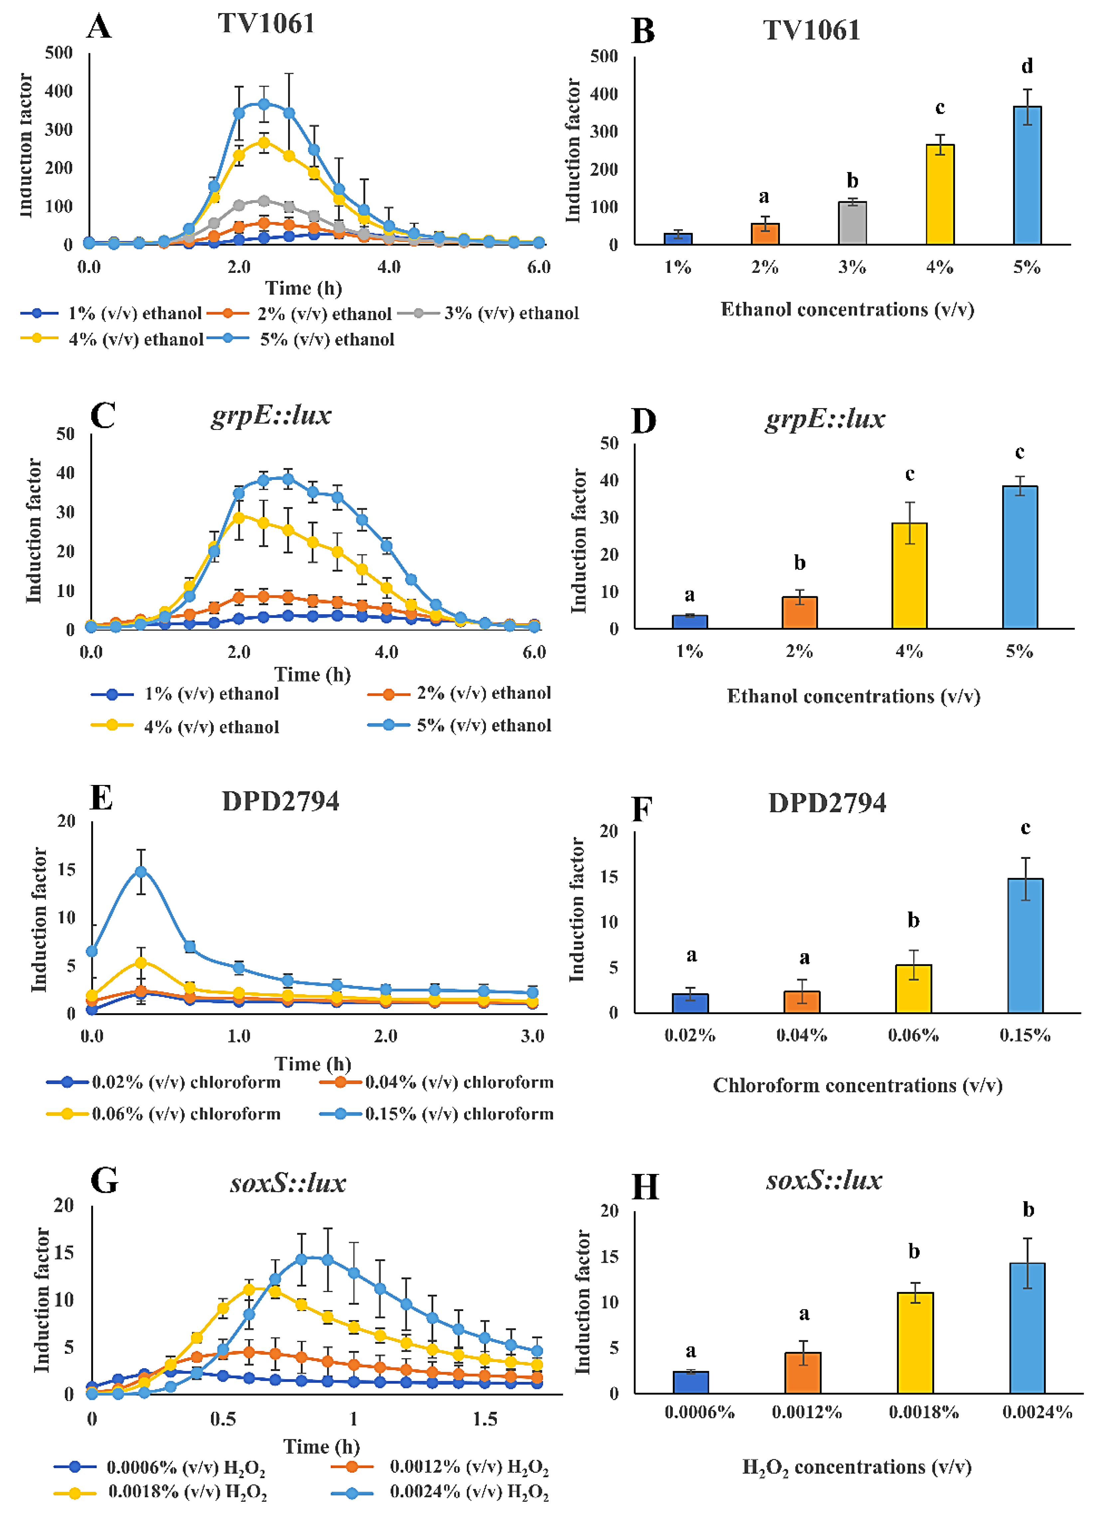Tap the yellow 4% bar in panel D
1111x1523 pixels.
pos(909,576)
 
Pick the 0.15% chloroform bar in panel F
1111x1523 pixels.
pos(1025,945)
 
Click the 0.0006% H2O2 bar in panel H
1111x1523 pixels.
pos(691,1383)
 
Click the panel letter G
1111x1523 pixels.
pos(104,1181)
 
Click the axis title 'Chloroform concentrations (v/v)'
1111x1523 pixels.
pos(857,1085)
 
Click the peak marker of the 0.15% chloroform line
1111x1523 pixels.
pos(140,871)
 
